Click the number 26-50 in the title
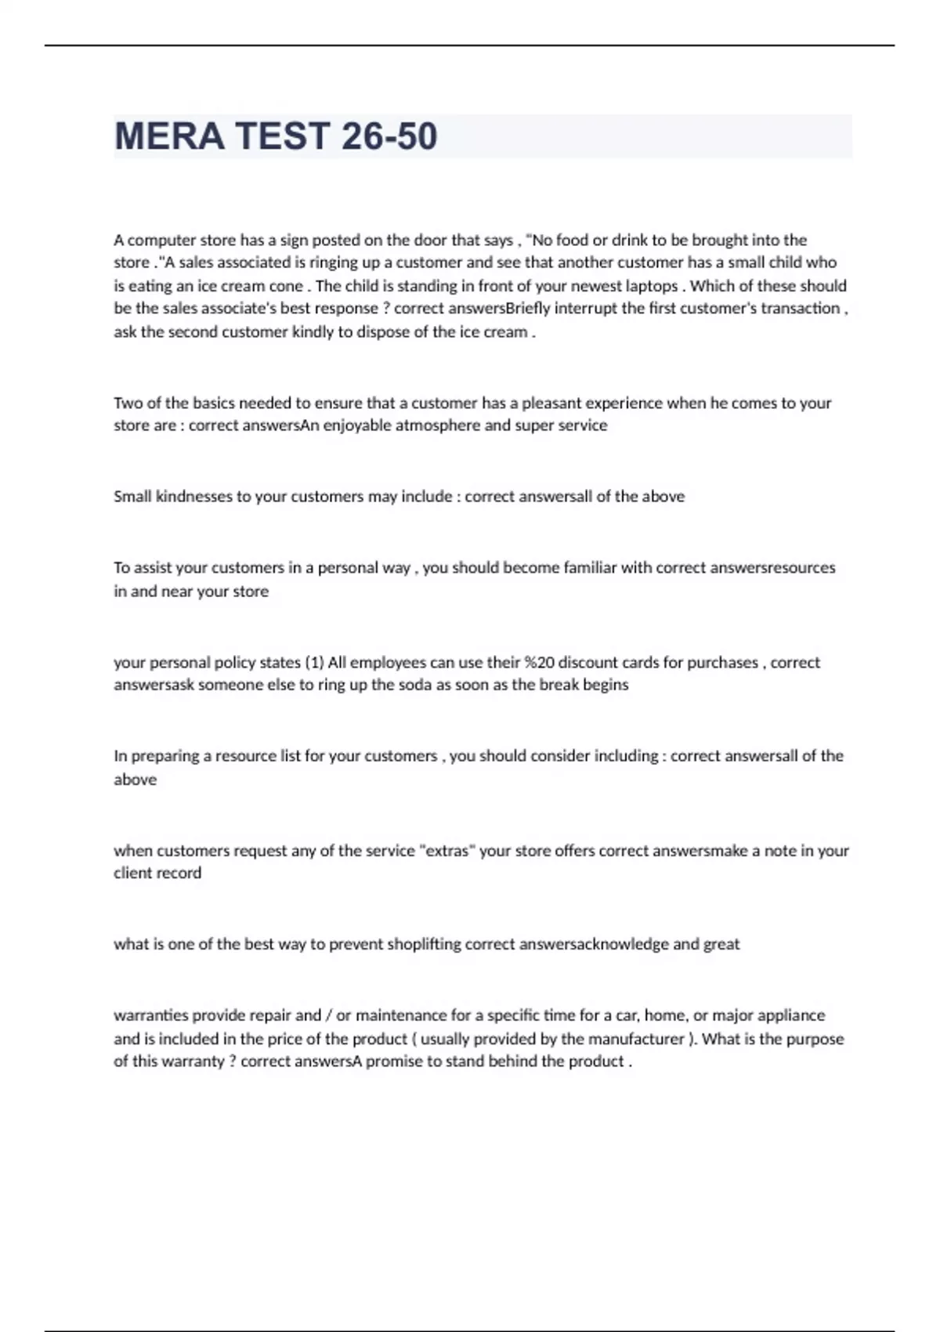[x=389, y=136]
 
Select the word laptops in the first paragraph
[x=652, y=286]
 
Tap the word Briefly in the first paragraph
[x=530, y=309]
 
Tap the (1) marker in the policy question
[x=313, y=663]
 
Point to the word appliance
[x=792, y=1015]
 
